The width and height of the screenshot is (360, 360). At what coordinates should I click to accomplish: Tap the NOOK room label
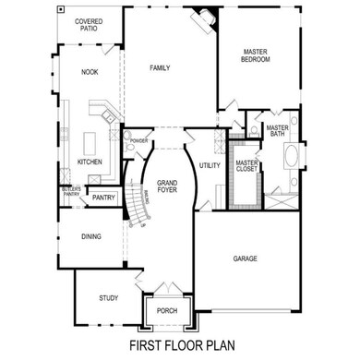[89, 71]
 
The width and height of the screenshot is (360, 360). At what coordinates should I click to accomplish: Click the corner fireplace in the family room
[203, 18]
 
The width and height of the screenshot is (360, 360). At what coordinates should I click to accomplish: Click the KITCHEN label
[89, 162]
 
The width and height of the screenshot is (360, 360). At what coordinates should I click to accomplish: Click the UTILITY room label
[209, 165]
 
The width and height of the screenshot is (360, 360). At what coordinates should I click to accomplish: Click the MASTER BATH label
[277, 132]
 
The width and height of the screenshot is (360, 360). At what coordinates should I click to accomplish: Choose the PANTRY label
[103, 197]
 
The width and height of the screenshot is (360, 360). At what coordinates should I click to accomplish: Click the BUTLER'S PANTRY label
[71, 192]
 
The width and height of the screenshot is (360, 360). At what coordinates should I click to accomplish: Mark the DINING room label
[90, 236]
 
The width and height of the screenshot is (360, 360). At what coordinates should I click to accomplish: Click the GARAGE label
[245, 258]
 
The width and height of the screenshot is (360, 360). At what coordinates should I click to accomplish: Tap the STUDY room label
[108, 297]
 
